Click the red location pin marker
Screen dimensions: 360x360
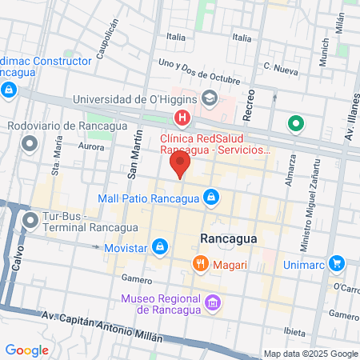180,165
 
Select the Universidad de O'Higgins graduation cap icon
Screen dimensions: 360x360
210,99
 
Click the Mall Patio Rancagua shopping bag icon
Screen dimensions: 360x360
210,196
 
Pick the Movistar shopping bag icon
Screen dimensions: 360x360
161,246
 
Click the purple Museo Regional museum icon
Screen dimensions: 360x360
212,303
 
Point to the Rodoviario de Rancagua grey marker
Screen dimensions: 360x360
30,145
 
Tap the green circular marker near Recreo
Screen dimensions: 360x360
295,124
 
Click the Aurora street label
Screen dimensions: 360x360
93,147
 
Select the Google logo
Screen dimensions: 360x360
26,350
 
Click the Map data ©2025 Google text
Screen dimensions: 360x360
311,354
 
